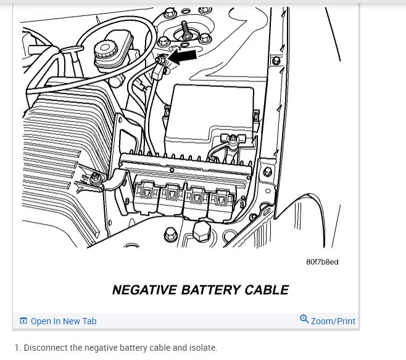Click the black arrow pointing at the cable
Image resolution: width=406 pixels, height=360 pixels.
tap(184, 57)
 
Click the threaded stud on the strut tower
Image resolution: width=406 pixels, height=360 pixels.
tap(184, 29)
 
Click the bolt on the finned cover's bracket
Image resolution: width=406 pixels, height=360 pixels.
tap(96, 179)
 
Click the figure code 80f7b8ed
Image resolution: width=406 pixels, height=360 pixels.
tap(321, 262)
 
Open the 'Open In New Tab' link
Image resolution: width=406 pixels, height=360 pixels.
tap(64, 321)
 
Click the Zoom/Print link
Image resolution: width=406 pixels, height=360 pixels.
tap(333, 321)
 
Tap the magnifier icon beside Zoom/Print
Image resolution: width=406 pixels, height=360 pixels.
tap(304, 319)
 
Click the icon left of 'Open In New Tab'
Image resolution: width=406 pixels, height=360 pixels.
tap(23, 321)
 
